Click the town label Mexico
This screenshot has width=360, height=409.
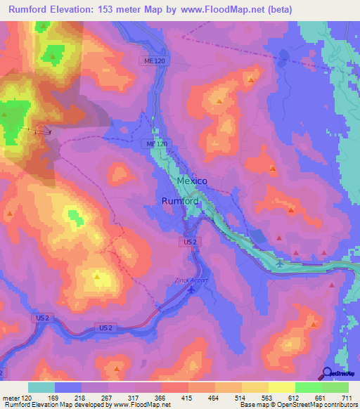(192, 181)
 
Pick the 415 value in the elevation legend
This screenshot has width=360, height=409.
(187, 397)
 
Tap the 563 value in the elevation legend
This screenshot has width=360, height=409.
(267, 397)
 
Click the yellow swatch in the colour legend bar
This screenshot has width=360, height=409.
(281, 387)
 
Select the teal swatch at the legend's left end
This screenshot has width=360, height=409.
(41, 387)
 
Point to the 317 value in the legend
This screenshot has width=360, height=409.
(134, 397)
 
